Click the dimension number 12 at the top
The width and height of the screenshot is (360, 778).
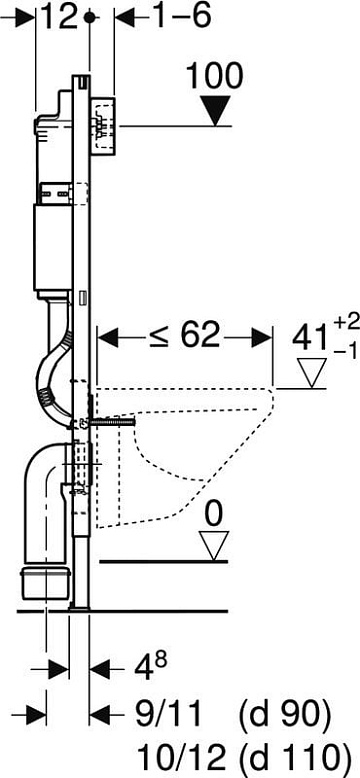(x=58, y=17)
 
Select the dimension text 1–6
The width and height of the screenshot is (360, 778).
(x=180, y=17)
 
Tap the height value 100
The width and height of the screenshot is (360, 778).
(x=215, y=76)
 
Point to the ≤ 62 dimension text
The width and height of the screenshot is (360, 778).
(x=184, y=337)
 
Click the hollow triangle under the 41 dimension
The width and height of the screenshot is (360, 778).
(x=312, y=372)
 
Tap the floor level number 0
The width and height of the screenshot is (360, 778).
(x=214, y=515)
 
